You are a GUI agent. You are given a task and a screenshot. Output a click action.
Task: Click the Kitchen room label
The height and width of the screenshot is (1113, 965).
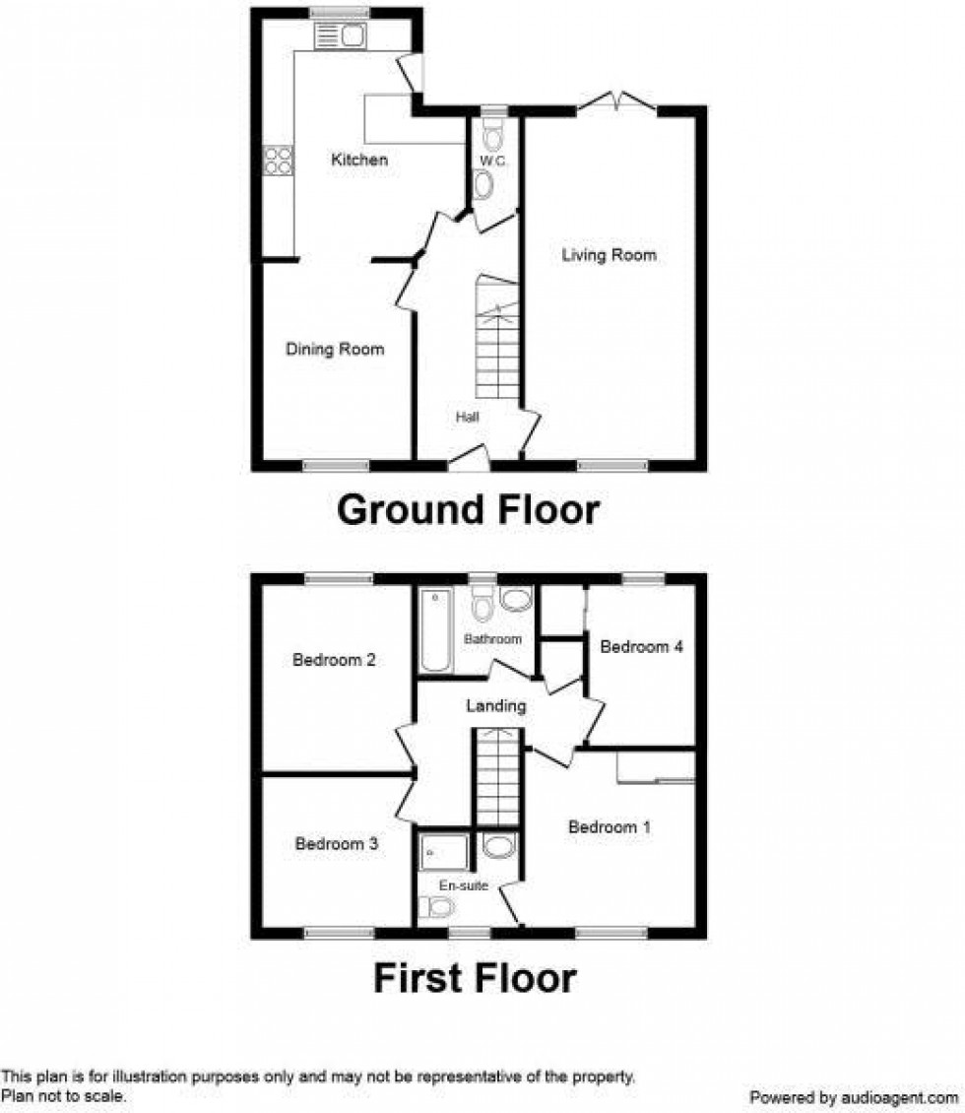pyautogui.click(x=359, y=160)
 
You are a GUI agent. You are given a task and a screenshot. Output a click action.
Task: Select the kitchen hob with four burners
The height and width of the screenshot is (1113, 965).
pyautogui.click(x=278, y=160)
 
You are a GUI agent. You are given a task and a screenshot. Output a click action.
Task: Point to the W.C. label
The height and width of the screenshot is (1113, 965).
pyautogui.click(x=492, y=161)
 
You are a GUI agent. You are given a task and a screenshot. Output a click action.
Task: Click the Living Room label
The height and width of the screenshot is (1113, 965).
pyautogui.click(x=609, y=255)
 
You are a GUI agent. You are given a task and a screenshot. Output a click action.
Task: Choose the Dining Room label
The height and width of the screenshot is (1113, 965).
pyautogui.click(x=335, y=349)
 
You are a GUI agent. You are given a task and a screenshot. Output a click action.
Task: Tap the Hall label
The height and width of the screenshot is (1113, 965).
pyautogui.click(x=467, y=418)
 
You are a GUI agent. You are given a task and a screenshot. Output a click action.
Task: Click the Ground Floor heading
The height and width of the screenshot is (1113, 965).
pyautogui.click(x=468, y=510)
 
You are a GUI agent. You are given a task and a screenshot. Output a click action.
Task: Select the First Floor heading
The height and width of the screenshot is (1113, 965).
pyautogui.click(x=475, y=978)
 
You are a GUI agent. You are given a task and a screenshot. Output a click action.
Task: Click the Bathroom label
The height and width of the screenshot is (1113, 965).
pyautogui.click(x=492, y=639)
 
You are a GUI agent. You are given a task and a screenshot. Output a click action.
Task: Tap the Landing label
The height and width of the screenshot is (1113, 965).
pyautogui.click(x=495, y=705)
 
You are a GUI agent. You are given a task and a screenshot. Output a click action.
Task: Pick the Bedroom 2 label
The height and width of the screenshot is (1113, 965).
pyautogui.click(x=334, y=660)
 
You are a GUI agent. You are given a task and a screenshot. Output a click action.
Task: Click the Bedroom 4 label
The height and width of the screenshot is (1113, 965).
pyautogui.click(x=641, y=647)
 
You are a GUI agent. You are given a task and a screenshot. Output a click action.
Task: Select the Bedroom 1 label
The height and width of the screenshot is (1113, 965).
pyautogui.click(x=609, y=827)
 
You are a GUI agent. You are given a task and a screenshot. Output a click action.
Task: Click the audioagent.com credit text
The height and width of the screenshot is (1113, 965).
pyautogui.click(x=854, y=1096)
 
